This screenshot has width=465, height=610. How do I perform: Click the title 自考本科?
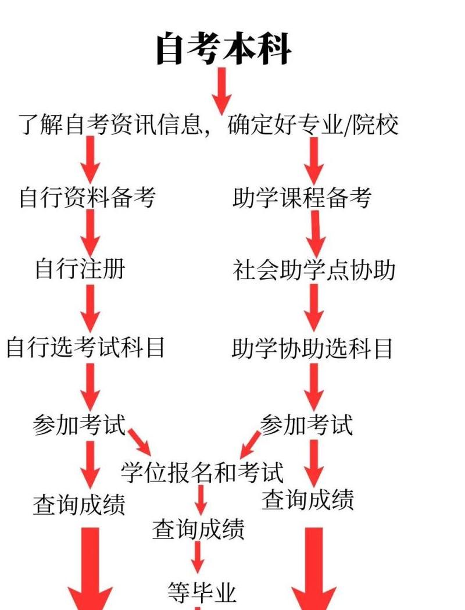pyautogui.click(x=224, y=49)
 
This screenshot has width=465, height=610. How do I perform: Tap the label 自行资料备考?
pyautogui.click(x=87, y=198)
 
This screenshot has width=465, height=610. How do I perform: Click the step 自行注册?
pyautogui.click(x=80, y=269)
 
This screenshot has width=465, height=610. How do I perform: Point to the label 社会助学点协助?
pyautogui.click(x=314, y=270)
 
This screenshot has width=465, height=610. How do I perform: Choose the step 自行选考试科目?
pyautogui.click(x=86, y=348)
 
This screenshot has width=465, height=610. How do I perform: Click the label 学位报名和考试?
pyautogui.click(x=202, y=472)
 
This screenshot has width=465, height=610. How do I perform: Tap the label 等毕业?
pyautogui.click(x=202, y=593)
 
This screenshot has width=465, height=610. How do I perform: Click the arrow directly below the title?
pyautogui.click(x=221, y=90)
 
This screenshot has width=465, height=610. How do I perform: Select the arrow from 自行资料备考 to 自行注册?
pyautogui.click(x=90, y=233)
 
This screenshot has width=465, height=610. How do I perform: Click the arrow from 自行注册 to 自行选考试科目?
pyautogui.click(x=90, y=308)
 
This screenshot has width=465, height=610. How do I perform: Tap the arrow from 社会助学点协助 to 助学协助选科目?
pyautogui.click(x=314, y=308)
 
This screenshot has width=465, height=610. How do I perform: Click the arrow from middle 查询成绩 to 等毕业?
pyautogui.click(x=198, y=557)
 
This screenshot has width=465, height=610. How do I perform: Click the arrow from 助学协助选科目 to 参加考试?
pyautogui.click(x=314, y=387)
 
